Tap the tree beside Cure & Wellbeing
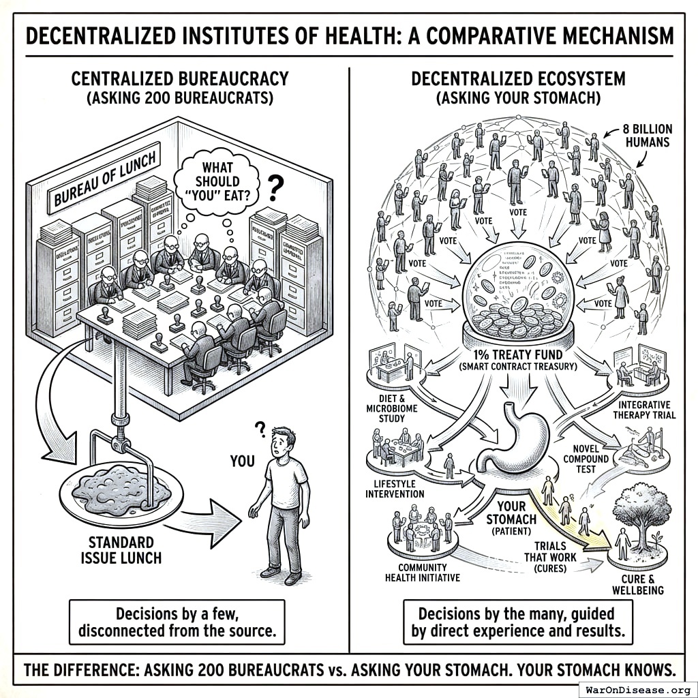[x=641, y=515]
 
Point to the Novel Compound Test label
[x=585, y=459]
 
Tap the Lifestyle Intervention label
[x=399, y=488]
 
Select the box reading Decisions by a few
[x=177, y=621]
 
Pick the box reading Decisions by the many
[x=517, y=621]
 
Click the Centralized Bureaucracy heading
[x=180, y=78]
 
